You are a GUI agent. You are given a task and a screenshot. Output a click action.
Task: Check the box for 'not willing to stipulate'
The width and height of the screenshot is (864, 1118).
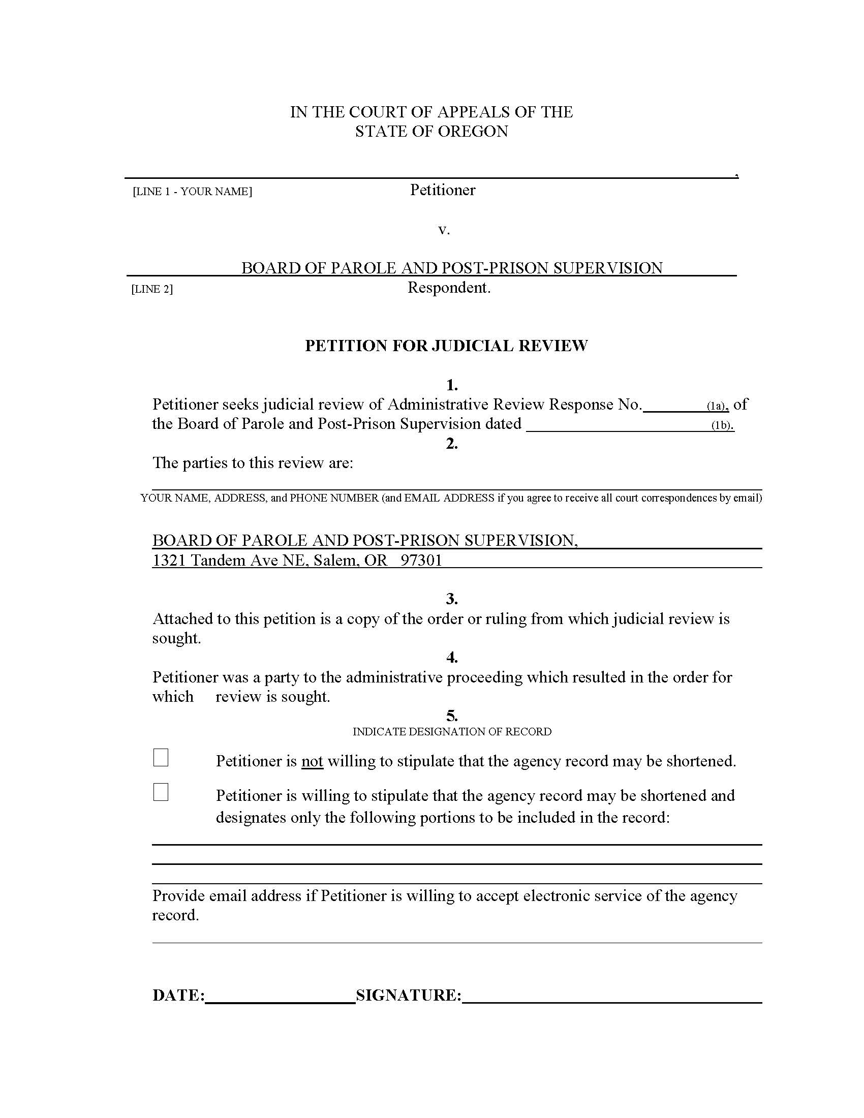161,758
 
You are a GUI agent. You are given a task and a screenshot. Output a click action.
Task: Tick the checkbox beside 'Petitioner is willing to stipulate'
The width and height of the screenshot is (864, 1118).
161,792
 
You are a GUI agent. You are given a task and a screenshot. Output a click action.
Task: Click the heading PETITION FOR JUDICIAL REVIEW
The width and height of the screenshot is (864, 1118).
446,346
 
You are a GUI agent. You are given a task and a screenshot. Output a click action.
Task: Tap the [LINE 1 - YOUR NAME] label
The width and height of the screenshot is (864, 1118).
193,192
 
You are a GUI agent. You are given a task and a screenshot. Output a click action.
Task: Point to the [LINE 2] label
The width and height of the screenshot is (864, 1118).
152,289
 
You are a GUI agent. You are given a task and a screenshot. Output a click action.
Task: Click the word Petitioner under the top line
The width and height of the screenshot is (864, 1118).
443,190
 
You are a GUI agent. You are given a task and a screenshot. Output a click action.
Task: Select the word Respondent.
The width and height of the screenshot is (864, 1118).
448,288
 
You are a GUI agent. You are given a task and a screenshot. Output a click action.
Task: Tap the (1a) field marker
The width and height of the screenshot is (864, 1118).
717,406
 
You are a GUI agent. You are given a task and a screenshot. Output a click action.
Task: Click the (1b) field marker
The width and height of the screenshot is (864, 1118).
722,425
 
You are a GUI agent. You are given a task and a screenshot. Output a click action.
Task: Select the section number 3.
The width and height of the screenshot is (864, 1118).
451,599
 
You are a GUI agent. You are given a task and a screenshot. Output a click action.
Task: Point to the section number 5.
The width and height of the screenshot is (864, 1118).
451,715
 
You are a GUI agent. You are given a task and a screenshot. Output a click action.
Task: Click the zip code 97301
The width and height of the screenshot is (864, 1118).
421,560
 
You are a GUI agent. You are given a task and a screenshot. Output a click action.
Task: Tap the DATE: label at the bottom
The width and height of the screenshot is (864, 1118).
178,995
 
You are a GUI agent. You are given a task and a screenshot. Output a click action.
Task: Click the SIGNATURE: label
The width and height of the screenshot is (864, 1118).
409,995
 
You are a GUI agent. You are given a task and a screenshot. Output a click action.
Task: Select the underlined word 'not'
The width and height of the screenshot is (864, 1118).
312,761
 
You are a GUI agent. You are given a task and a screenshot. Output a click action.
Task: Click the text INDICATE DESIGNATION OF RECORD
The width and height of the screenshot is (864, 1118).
452,731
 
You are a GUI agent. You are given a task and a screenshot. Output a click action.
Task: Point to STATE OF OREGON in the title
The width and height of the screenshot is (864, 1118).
431,132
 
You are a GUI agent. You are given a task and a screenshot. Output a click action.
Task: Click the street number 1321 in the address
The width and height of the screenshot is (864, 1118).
169,560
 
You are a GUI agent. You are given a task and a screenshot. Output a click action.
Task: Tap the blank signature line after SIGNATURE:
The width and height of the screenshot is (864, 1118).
611,996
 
